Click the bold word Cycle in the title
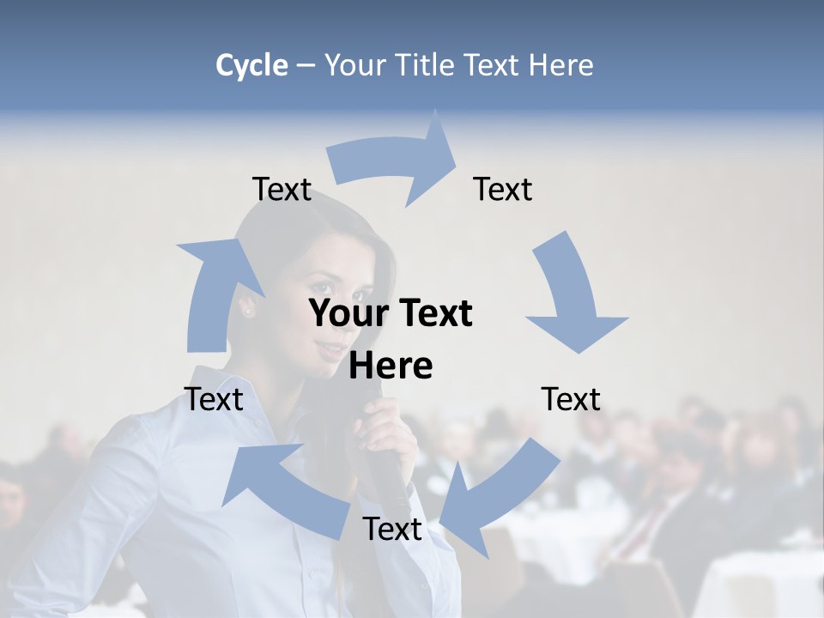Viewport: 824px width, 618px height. [251, 65]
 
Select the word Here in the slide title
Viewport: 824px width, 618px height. [561, 65]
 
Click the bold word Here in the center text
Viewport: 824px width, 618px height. [391, 366]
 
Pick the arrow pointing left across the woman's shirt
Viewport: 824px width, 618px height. [283, 489]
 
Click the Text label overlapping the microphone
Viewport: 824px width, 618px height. [392, 529]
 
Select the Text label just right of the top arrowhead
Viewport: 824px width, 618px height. [503, 189]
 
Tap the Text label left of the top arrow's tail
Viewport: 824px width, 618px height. [282, 189]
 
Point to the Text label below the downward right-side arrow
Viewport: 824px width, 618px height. [571, 399]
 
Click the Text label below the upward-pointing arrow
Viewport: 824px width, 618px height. [214, 399]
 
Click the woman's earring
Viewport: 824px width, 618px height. [249, 311]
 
